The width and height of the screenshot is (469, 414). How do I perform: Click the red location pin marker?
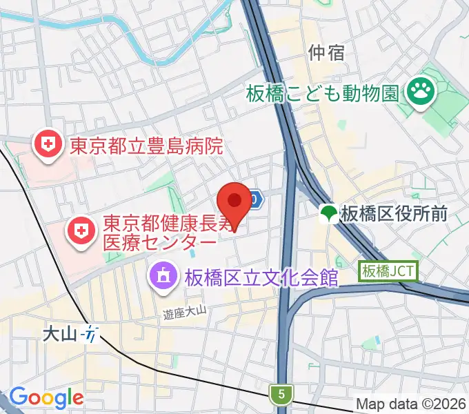pos(234,202)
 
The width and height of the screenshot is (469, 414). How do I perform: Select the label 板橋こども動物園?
pos(322,91)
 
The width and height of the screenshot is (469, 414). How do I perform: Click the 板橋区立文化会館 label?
pos(261,277)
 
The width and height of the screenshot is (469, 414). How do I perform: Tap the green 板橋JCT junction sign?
pos(388,271)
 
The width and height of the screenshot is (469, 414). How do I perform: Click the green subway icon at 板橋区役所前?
pos(329,214)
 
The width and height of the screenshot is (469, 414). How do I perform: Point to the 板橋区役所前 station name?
pos(395,214)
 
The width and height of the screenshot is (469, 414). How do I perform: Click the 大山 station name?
pos(59,335)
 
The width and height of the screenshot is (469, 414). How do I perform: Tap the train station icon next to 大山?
pos(90,335)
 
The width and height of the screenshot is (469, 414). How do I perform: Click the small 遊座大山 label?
pos(186,313)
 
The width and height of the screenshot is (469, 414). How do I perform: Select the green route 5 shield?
pos(281,395)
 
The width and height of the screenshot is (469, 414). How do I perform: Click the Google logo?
pos(46,397)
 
